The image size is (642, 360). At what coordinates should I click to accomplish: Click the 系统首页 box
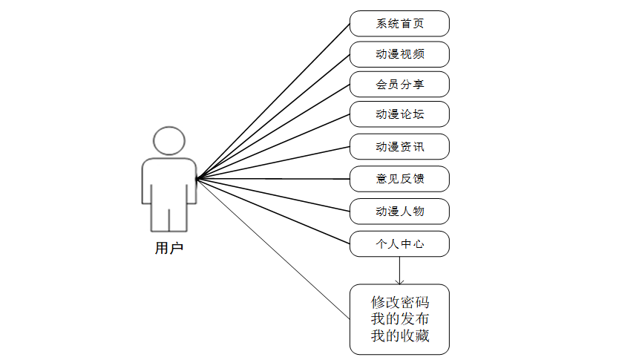tap(399, 24)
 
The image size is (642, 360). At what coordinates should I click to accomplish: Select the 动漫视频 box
tap(399, 55)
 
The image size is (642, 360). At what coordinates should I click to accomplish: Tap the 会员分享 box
tap(399, 85)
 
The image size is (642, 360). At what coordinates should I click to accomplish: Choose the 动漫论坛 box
tap(399, 115)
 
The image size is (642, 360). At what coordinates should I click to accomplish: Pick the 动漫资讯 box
tap(399, 147)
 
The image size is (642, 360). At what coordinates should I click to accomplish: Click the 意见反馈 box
tap(399, 179)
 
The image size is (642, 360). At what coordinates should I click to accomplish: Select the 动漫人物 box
tap(399, 212)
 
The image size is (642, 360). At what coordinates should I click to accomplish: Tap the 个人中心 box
tap(399, 243)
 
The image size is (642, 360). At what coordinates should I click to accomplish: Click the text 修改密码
tap(400, 303)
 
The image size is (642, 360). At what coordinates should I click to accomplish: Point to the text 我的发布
tap(400, 320)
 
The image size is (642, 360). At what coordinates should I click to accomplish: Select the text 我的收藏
tap(400, 338)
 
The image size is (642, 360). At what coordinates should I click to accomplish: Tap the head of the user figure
tap(168, 141)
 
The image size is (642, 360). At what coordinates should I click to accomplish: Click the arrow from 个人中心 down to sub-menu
tap(400, 271)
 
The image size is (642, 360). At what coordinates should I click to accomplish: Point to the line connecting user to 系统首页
tap(273, 101)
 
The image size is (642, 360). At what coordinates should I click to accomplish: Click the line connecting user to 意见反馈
tap(273, 178)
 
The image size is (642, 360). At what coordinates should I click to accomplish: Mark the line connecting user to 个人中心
tap(273, 211)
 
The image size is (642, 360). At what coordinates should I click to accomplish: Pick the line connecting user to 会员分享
tap(273, 131)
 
